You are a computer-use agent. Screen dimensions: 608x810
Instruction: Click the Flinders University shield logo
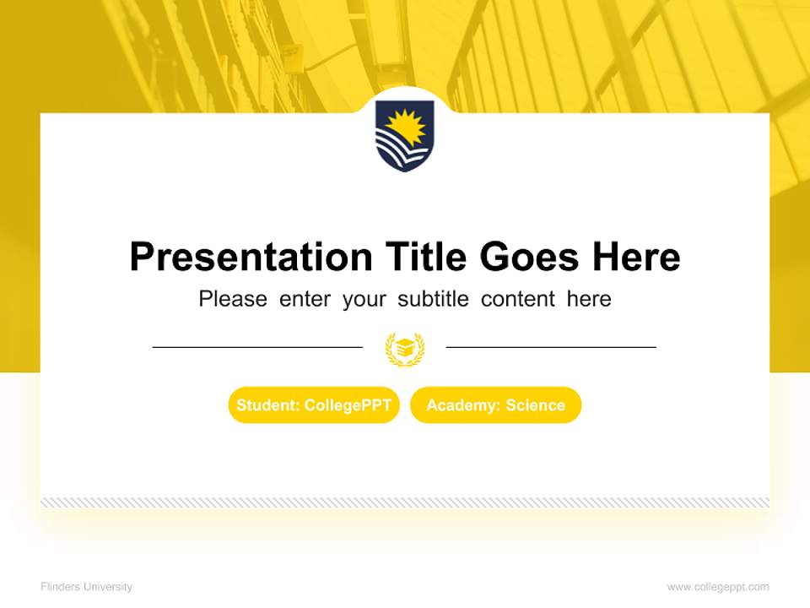pos(404,135)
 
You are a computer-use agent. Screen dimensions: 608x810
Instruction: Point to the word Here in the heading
pos(634,257)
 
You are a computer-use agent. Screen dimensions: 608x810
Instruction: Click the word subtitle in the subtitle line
pos(435,299)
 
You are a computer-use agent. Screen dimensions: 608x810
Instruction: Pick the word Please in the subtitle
pos(233,299)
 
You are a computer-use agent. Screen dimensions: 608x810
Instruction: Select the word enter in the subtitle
pos(305,299)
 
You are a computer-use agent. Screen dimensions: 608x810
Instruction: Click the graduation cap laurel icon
pos(405,348)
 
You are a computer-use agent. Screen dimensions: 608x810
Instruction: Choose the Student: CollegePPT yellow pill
pos(314,405)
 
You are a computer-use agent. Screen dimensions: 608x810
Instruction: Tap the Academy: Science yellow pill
pos(495,405)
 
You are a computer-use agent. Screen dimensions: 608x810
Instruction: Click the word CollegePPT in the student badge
pos(348,405)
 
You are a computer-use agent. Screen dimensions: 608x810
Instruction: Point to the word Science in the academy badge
pos(535,405)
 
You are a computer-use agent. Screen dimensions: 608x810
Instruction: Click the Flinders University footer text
pos(86,587)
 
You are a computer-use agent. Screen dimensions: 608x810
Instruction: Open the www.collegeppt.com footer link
pos(718,587)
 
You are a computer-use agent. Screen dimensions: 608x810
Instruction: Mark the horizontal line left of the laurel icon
pos(257,346)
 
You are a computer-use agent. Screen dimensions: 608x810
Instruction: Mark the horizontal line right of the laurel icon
pos(551,346)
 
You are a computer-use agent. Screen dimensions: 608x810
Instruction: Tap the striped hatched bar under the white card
pos(405,502)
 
